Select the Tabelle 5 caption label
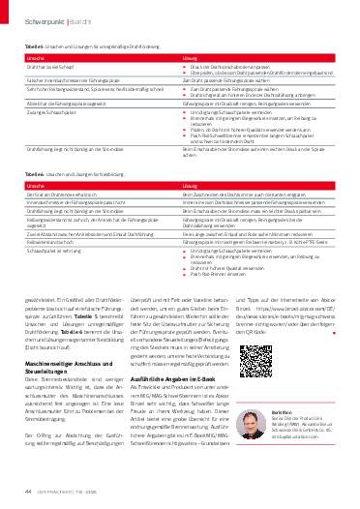[x=33, y=45]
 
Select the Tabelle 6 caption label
[x=33, y=175]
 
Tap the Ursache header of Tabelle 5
[x=34, y=58]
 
